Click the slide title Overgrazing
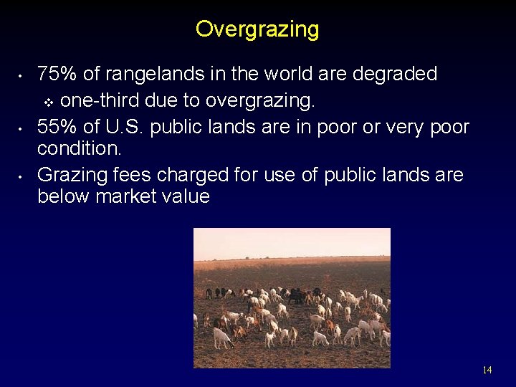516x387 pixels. point(257,29)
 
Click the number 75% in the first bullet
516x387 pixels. point(57,75)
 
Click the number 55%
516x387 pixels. point(57,128)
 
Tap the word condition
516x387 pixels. point(80,149)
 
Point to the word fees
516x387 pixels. point(128,176)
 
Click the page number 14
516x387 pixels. point(487,370)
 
